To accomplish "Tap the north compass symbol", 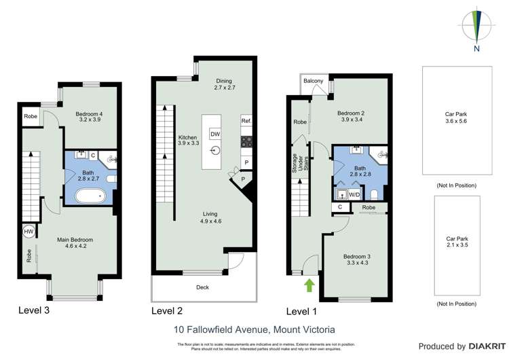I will pos(477,27).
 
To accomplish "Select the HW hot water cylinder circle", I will pos(29,232).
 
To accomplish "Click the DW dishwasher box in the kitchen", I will pos(214,134).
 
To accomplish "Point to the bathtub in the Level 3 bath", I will pos(89,198).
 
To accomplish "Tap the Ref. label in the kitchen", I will pos(246,120).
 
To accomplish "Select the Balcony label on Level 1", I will pos(314,82).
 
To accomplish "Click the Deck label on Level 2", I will pos(202,287).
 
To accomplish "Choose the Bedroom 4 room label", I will pos(89,118).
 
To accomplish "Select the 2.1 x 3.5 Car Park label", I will pos(456,242).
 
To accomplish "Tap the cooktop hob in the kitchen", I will pos(246,142).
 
